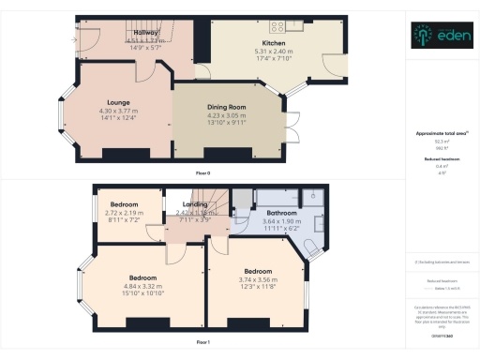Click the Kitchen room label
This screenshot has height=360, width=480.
[x=274, y=43]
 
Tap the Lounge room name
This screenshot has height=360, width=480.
[x=117, y=101]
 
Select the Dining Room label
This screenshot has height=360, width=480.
[x=225, y=107]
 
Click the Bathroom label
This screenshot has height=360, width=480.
[x=280, y=213]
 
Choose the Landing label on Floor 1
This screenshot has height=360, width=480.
[x=195, y=203]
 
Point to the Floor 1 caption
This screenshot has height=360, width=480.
[x=202, y=342]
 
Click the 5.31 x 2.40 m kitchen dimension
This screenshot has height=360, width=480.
[x=274, y=52]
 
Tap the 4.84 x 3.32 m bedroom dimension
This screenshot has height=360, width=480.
[x=142, y=286]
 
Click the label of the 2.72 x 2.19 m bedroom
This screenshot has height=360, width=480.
[x=124, y=204]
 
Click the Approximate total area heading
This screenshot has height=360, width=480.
[x=438, y=133]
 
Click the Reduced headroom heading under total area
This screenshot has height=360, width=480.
[x=438, y=159]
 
